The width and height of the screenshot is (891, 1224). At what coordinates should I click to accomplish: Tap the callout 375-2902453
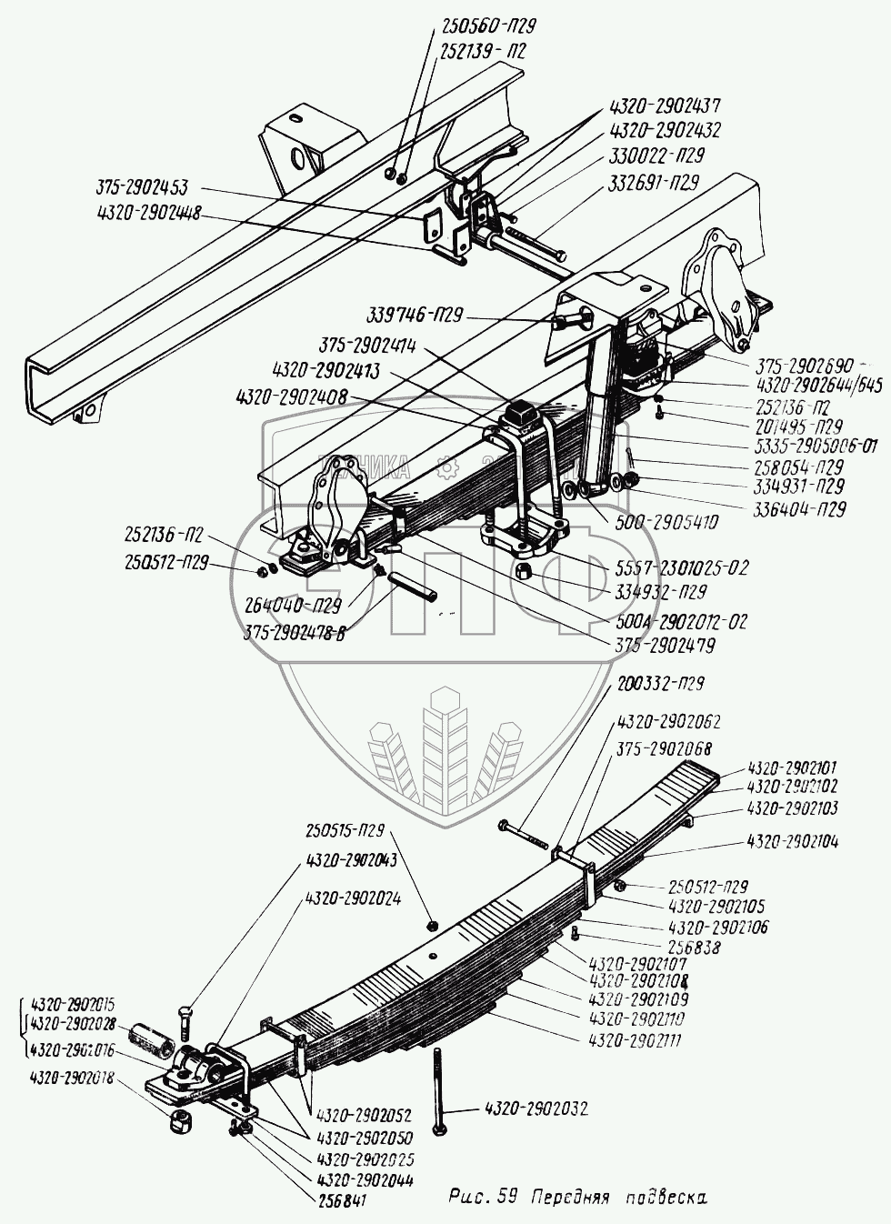click(x=141, y=188)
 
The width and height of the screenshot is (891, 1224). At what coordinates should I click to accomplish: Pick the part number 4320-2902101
click(x=792, y=768)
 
